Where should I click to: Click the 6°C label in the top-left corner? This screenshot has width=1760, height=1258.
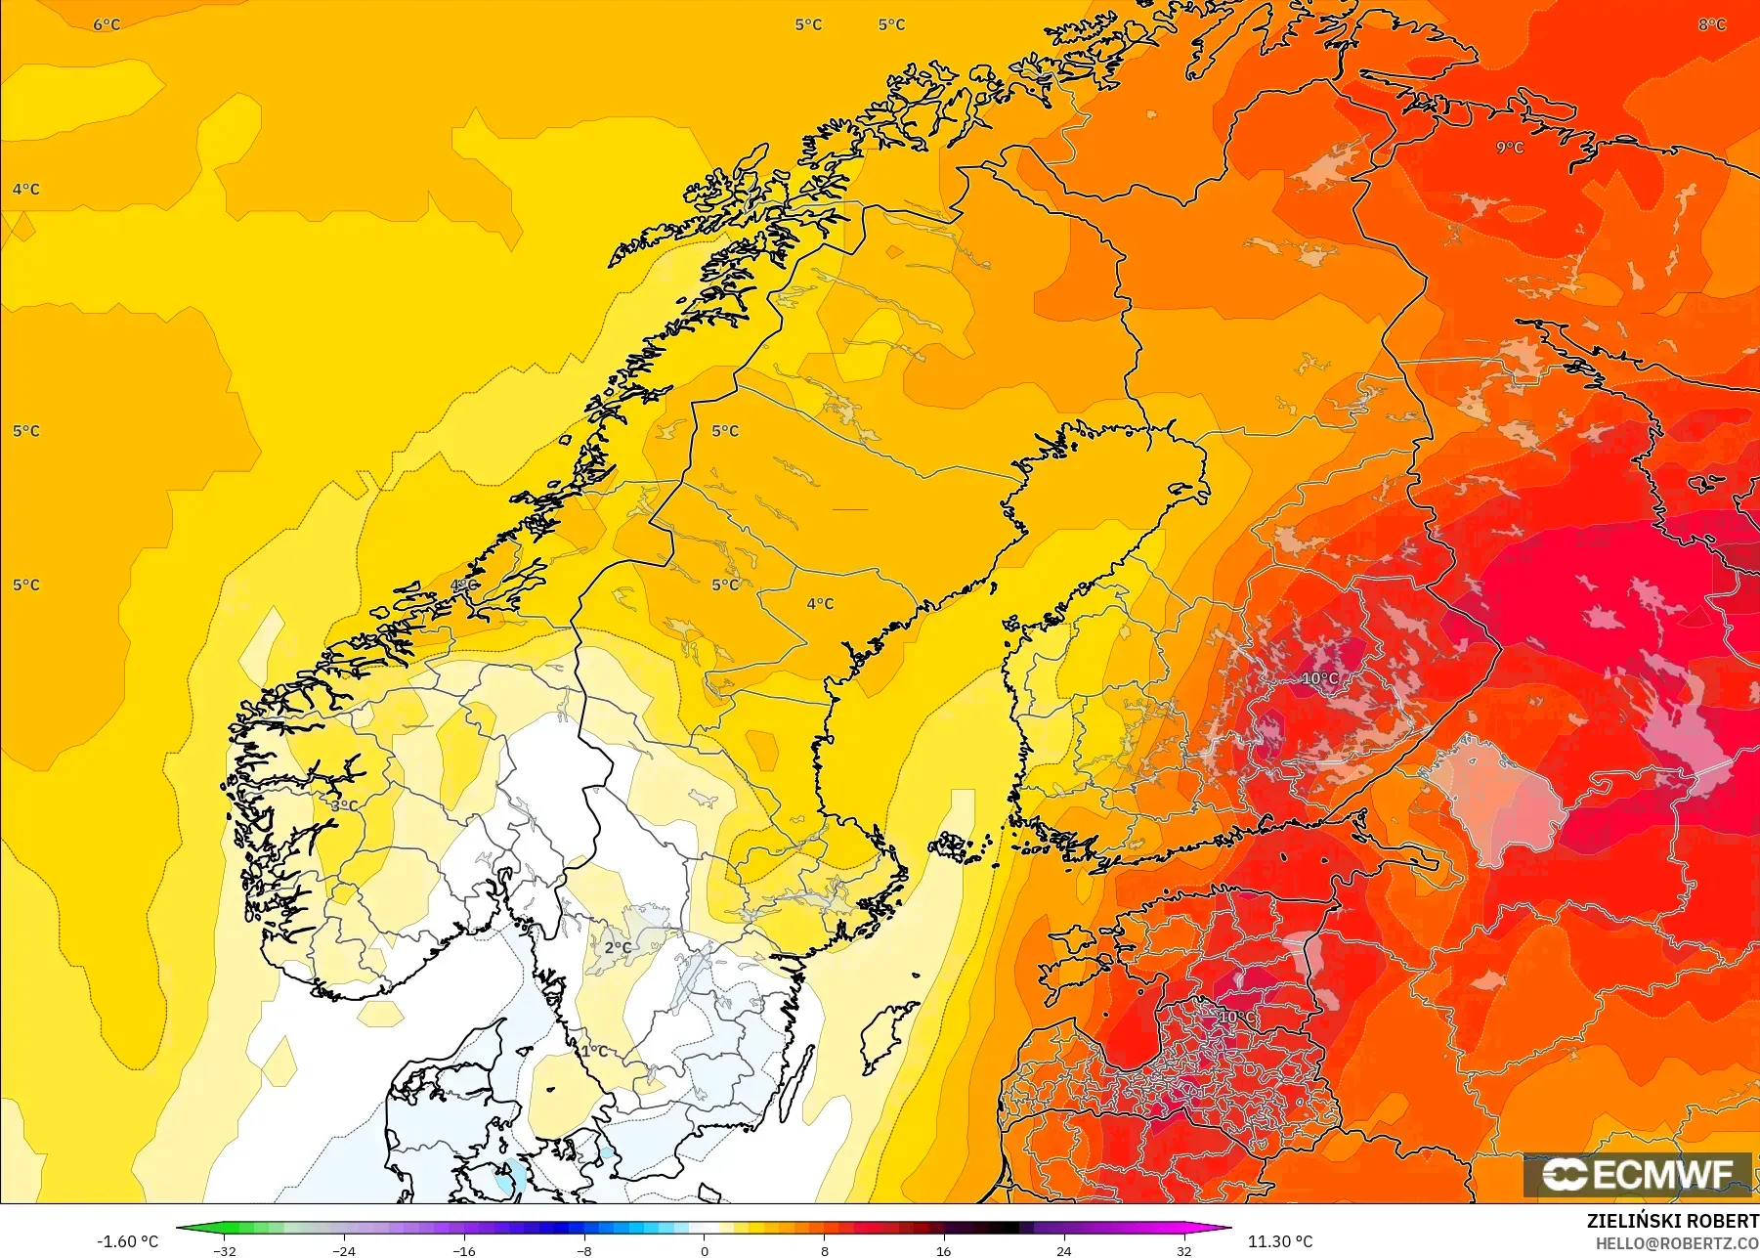[x=107, y=24]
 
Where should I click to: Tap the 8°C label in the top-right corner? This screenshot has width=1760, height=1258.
[x=1712, y=24]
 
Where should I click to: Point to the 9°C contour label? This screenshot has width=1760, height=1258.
[x=1510, y=148]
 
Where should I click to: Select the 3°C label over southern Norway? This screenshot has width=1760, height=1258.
[x=344, y=805]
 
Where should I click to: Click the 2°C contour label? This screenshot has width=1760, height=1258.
[x=618, y=947]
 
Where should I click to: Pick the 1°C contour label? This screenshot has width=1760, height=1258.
[x=595, y=1051]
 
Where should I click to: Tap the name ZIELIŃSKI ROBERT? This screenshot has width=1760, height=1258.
[x=1672, y=1221]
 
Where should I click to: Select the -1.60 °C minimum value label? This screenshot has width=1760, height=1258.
[x=127, y=1241]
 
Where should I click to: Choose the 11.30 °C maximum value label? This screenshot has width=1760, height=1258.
[x=1280, y=1241]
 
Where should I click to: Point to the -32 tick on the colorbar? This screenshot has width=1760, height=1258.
[x=225, y=1250]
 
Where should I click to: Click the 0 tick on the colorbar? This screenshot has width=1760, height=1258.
[x=704, y=1250]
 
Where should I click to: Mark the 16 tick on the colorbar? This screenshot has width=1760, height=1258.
[x=943, y=1250]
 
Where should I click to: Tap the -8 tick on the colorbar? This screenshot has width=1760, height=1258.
[x=584, y=1250]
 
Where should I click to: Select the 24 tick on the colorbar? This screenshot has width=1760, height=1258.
[x=1063, y=1250]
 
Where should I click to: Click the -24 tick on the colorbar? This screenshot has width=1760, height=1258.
[x=344, y=1250]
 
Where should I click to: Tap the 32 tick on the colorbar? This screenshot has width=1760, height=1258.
[x=1183, y=1250]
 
